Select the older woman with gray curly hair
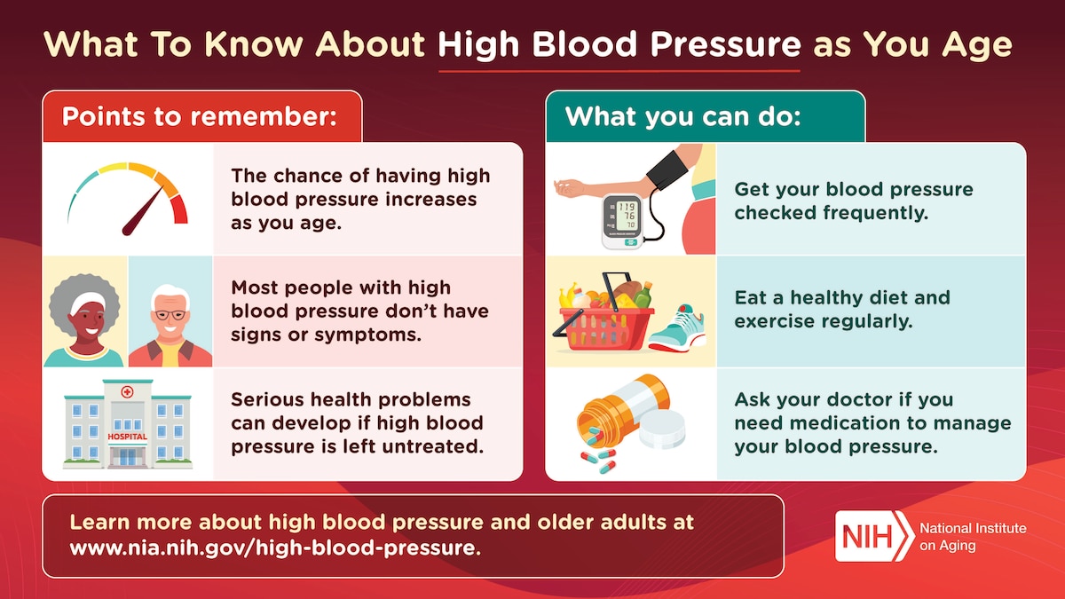pos(84,315)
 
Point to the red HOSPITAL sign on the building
pos(127,437)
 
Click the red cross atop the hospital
pos(127,392)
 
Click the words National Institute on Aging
pos(973,536)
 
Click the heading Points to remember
pos(200,116)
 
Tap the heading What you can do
pos(682,116)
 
